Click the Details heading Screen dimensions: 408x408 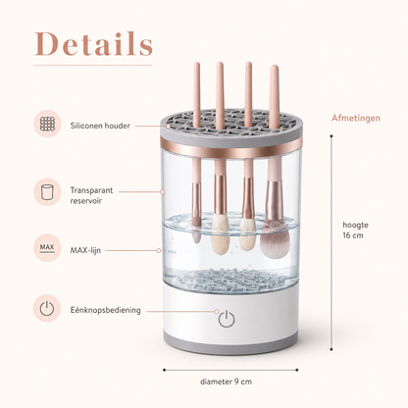[x=93, y=44]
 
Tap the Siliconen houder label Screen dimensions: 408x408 [x=100, y=126]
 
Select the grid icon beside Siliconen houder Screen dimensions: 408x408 [x=47, y=124]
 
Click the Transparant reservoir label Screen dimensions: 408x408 [x=91, y=195]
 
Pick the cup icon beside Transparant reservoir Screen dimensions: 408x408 [x=47, y=192]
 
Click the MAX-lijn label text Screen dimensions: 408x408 [x=85, y=250]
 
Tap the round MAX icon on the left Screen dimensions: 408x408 [x=47, y=248]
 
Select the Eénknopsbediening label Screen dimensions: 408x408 [x=106, y=310]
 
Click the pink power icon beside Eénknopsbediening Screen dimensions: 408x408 [x=47, y=308]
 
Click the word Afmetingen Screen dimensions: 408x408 [x=356, y=118]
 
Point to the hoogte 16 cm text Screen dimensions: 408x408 [x=355, y=229]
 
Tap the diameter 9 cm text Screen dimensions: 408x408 [x=226, y=382]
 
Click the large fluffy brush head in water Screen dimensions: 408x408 [x=276, y=239]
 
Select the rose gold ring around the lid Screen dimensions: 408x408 [x=230, y=146]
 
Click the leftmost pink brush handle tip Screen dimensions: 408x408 [x=196, y=64]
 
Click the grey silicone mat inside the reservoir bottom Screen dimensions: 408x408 [x=230, y=280]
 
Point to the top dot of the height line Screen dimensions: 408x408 [x=331, y=136]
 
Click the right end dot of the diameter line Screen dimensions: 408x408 [x=297, y=370]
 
